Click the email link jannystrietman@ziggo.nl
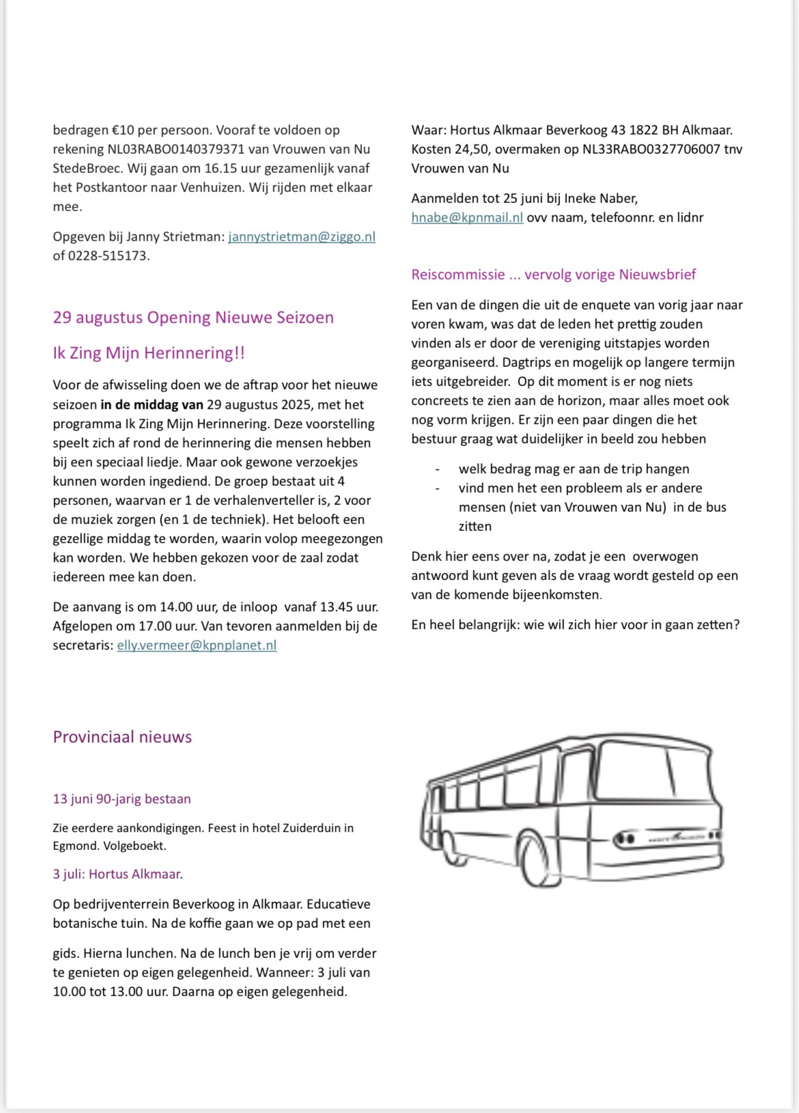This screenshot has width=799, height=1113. coord(301,237)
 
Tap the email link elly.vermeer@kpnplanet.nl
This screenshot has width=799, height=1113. coord(197,646)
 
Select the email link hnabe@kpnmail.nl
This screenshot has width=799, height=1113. coord(467,218)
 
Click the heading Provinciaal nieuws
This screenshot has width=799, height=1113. coord(122,737)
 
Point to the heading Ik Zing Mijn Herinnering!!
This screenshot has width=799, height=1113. coord(149,353)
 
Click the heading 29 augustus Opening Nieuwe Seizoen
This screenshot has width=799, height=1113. coord(193,318)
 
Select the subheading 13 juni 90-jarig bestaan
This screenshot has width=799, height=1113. coord(122,799)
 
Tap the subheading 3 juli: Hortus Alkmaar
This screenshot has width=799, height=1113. coord(117,875)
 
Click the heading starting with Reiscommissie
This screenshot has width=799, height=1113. coord(553,275)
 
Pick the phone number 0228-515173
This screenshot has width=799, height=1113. coord(108,256)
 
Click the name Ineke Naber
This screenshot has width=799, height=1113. coord(600,199)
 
